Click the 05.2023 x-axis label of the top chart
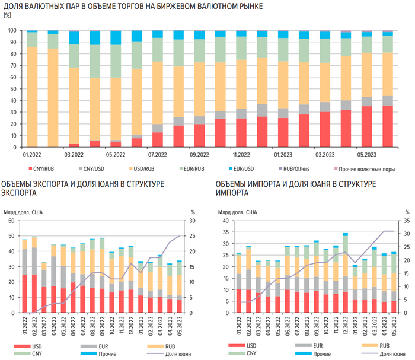tap(366, 154)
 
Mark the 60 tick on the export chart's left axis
tap(11, 221)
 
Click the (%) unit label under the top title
tap(8, 16)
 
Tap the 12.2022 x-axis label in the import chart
tap(345, 323)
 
